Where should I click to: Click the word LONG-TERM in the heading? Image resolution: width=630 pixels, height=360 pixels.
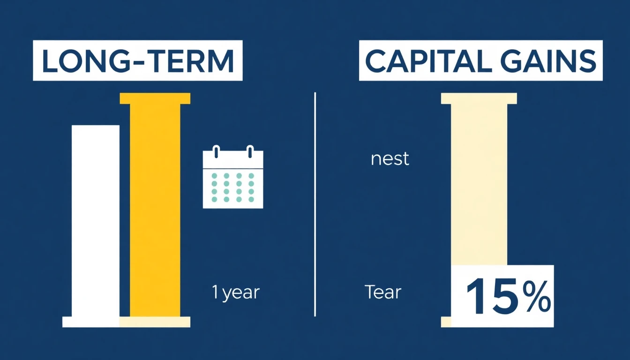click(137, 61)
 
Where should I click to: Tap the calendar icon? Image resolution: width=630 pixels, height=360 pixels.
click(232, 178)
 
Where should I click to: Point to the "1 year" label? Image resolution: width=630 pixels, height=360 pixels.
click(236, 292)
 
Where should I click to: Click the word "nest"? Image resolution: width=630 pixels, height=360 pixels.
click(390, 159)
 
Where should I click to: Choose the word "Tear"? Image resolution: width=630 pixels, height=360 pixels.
click(383, 292)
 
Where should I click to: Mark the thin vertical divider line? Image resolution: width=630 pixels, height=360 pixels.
click(315, 204)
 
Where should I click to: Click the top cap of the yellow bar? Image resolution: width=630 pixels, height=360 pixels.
click(155, 98)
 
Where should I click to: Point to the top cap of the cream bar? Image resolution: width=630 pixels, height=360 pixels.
click(479, 98)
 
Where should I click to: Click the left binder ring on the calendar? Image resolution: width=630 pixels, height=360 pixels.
click(216, 152)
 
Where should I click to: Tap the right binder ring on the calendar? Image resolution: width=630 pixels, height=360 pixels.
click(250, 152)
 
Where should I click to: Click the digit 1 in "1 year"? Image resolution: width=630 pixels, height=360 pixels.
click(215, 292)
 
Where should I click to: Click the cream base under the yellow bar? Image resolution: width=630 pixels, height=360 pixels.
click(155, 322)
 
